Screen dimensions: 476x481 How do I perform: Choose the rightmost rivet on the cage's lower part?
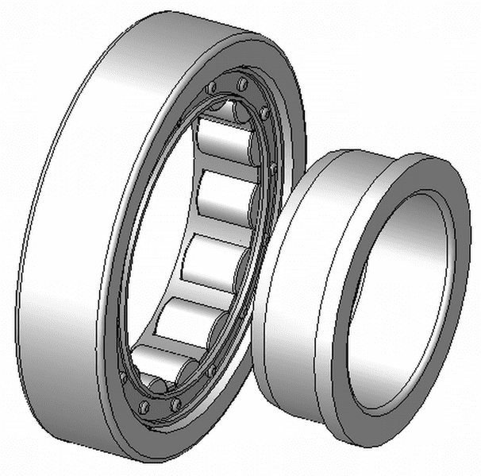click(211, 371)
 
